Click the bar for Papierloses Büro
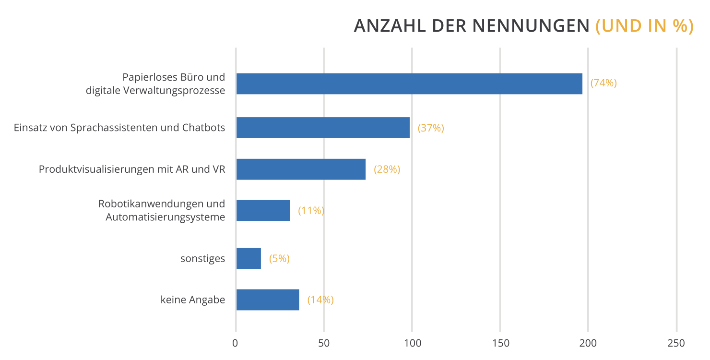pyautogui.click(x=409, y=84)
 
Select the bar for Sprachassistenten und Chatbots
pyautogui.click(x=323, y=128)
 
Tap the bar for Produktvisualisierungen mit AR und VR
pyautogui.click(x=301, y=169)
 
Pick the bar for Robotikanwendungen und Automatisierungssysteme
pyautogui.click(x=263, y=210)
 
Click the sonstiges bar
pyautogui.click(x=248, y=258)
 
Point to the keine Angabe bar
pyautogui.click(x=268, y=300)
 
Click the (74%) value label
pyautogui.click(x=603, y=83)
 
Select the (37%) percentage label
pyautogui.click(x=431, y=128)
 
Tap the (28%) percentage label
pyautogui.click(x=387, y=169)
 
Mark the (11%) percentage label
pyautogui.click(x=311, y=211)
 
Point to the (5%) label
pyautogui.click(x=279, y=259)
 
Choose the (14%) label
pyautogui.click(x=320, y=300)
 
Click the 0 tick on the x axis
pyautogui.click(x=236, y=343)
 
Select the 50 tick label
pyautogui.click(x=324, y=343)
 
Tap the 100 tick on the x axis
pyautogui.click(x=412, y=343)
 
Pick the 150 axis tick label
pyautogui.click(x=500, y=343)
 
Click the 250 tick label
pyautogui.click(x=676, y=343)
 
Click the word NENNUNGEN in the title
pyautogui.click(x=531, y=26)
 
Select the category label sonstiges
pyautogui.click(x=202, y=259)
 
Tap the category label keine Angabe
pyautogui.click(x=193, y=300)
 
